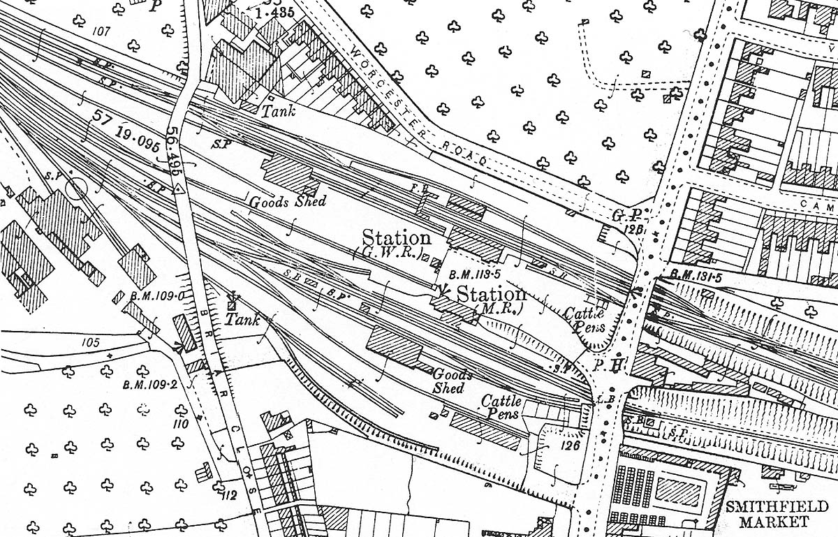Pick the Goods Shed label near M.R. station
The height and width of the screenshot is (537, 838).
[452, 381]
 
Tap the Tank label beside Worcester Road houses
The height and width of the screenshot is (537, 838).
[278, 110]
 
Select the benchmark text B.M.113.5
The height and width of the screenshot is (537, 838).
[473, 274]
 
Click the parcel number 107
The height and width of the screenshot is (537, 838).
[101, 31]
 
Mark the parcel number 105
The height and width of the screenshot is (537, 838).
[91, 342]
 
